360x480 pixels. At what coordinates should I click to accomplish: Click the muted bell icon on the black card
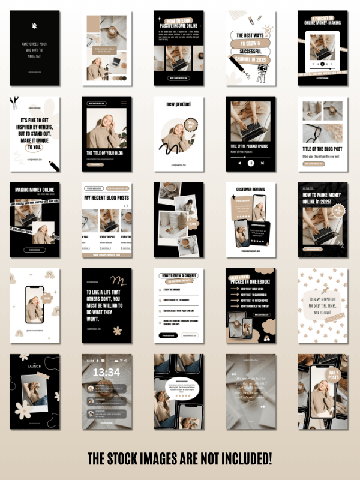[x=34, y=27]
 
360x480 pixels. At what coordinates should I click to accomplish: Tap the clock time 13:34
[x=106, y=373]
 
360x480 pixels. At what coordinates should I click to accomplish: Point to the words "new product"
[x=178, y=104]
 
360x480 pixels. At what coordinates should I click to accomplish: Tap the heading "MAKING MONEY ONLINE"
[x=34, y=190]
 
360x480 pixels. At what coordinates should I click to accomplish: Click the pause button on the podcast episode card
[x=250, y=163]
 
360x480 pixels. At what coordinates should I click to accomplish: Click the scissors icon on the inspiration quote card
[x=14, y=101]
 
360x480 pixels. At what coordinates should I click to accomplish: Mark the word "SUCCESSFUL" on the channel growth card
[x=247, y=52]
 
